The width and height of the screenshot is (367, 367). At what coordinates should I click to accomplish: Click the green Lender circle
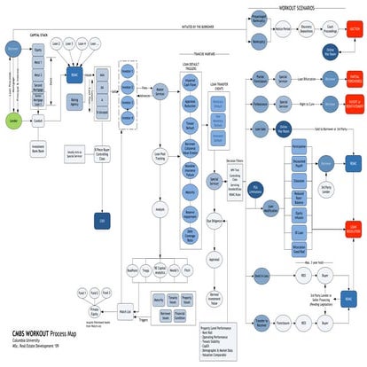(14, 118)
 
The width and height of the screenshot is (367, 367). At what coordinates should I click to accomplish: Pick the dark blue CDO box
(102, 193)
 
